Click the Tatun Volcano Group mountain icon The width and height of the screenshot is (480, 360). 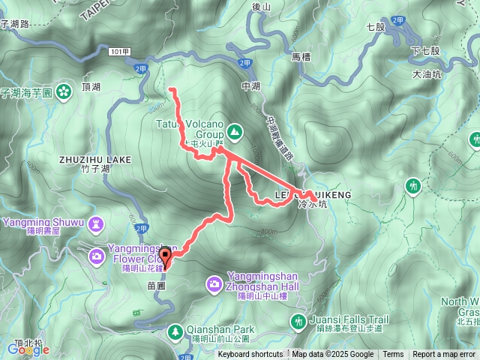coord(235,132)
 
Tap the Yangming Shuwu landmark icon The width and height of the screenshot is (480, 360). coord(96,223)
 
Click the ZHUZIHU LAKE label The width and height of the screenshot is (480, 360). coord(94,160)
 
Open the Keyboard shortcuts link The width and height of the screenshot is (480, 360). coord(250,355)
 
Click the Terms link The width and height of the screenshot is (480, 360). coord(393,355)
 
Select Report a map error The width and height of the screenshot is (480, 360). coord(445,355)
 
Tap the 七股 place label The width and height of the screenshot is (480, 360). coord(375,27)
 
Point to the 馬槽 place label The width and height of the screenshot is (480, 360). coord(301,57)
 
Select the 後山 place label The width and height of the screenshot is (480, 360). coord(261,7)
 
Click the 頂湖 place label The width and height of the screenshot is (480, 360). coord(91,87)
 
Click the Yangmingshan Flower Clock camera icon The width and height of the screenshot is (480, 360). coord(97,256)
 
